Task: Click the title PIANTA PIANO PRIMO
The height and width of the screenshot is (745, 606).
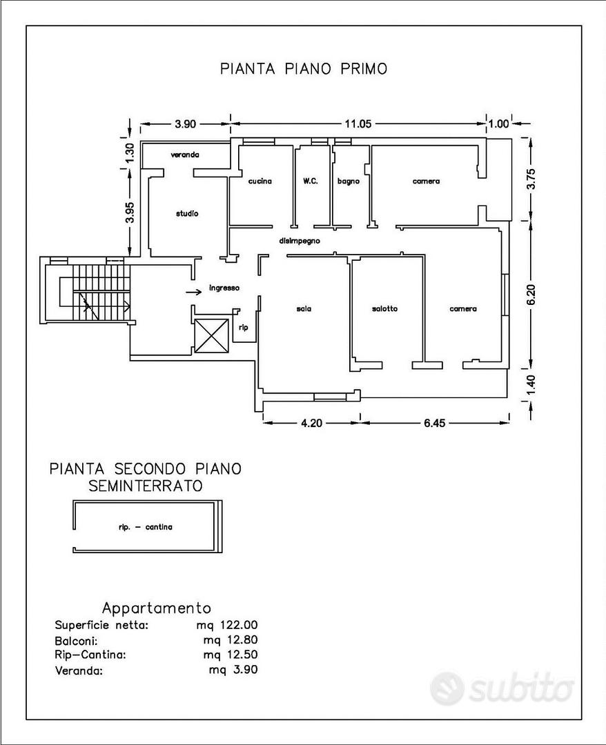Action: point(304,68)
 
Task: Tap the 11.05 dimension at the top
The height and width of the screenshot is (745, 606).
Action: point(358,124)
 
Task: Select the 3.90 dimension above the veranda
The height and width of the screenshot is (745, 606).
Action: point(186,124)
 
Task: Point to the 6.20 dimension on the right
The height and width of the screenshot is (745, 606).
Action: point(532,295)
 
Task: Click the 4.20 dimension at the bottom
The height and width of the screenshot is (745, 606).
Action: point(311,422)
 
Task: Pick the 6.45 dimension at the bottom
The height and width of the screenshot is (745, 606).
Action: point(434,422)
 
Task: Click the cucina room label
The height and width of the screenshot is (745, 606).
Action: point(260,181)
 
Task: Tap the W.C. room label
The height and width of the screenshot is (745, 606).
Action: point(311,181)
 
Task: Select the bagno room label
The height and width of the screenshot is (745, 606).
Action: point(349,181)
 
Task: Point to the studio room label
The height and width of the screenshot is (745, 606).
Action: point(187,213)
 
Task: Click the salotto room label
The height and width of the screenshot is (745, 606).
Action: point(384,308)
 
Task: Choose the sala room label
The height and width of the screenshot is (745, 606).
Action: point(304,308)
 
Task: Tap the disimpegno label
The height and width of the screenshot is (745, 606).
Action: point(300,241)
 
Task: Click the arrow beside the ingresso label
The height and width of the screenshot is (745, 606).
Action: point(193,292)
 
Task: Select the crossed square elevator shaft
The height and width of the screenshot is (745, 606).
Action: point(211,336)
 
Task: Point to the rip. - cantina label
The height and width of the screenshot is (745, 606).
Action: point(146,526)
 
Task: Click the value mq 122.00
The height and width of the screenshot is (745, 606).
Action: point(227,625)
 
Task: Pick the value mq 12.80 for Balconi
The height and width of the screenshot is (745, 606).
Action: point(230,640)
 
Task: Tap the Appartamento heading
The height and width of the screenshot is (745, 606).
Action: point(157,608)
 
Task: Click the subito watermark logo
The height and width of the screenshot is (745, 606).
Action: point(502,688)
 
